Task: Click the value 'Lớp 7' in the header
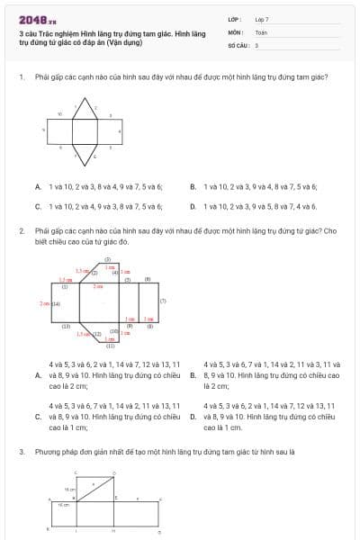tap(262, 18)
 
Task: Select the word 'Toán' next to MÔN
tap(260, 31)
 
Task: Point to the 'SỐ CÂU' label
tap(236, 44)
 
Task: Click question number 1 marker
tap(21, 76)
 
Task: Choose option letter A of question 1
tap(38, 186)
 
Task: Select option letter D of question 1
tap(193, 206)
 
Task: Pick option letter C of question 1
tap(38, 206)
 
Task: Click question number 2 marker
tap(21, 231)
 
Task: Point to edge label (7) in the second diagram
tap(162, 301)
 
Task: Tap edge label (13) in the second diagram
tap(66, 326)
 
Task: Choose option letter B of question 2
tap(193, 374)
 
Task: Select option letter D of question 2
tap(193, 417)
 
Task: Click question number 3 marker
tap(21, 450)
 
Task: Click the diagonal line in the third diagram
tap(96, 487)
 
